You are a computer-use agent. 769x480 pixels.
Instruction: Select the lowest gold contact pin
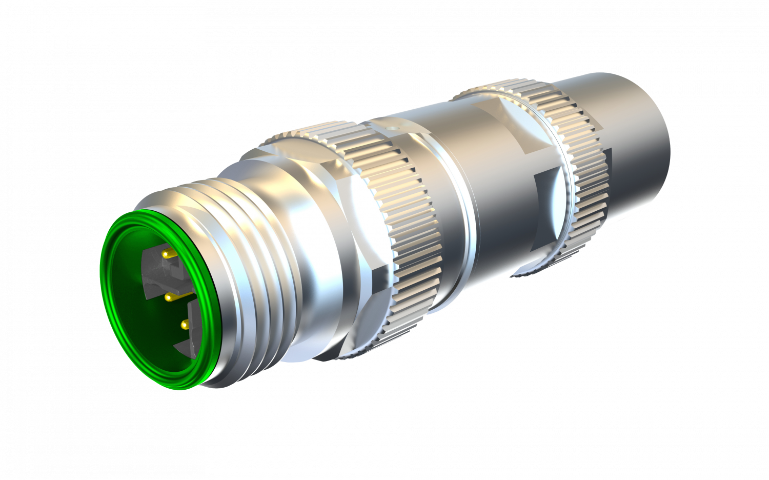coord(184,324)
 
